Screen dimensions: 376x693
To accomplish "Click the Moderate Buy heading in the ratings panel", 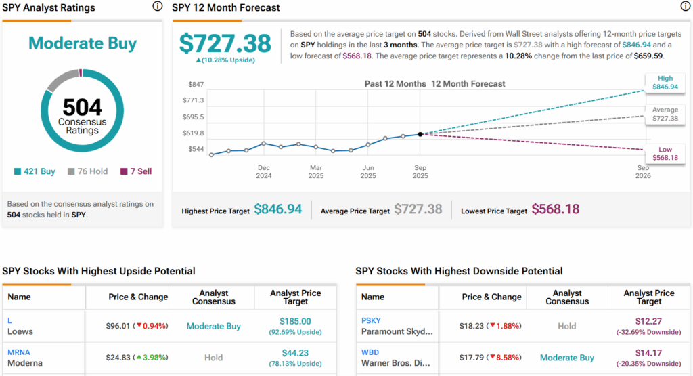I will point(83,44).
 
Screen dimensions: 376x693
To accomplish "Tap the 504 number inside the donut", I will point(83,107).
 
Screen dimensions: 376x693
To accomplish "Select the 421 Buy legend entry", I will point(35,171).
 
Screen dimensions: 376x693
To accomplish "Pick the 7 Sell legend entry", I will point(136,171).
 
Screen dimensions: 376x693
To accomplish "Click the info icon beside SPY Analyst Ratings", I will point(158,7).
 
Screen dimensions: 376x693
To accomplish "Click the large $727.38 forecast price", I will point(225,43).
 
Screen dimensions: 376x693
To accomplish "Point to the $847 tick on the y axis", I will point(196,84).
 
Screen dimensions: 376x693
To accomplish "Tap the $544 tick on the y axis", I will point(196,149).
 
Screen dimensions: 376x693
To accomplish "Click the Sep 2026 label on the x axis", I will point(642,171).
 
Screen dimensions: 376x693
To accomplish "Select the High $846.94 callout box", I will point(663,83).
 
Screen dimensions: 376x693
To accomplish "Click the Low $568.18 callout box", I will point(663,153).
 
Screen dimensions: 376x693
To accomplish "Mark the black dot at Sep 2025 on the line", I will point(420,134).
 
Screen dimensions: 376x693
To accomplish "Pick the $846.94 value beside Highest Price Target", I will point(278,210).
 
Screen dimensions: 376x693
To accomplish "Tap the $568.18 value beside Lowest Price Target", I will point(556,210).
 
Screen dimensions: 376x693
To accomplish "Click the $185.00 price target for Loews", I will point(295,320).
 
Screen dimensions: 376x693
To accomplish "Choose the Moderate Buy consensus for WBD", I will point(567,358).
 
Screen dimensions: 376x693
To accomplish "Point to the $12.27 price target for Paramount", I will point(648,320).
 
